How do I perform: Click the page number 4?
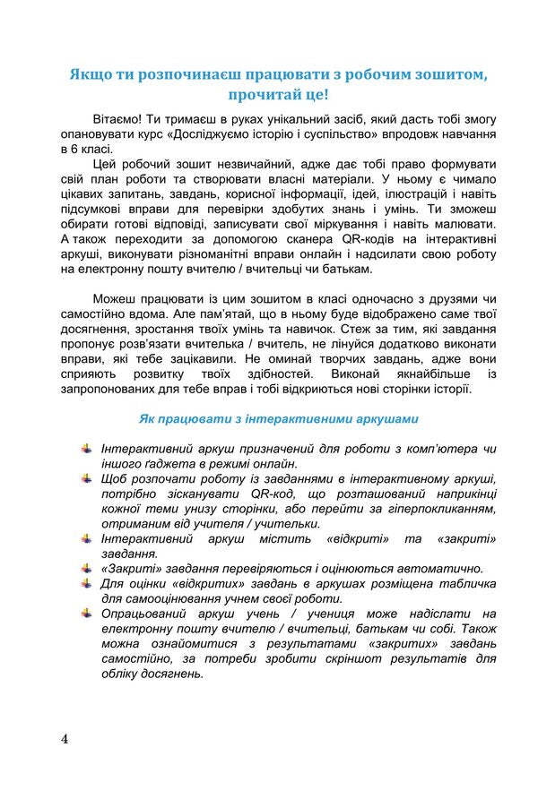pos(65,739)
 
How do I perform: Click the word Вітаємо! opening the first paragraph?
pos(120,119)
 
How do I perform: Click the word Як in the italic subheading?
pos(149,418)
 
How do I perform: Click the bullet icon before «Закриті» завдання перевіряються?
pos(86,568)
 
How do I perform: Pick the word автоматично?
pos(440,568)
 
